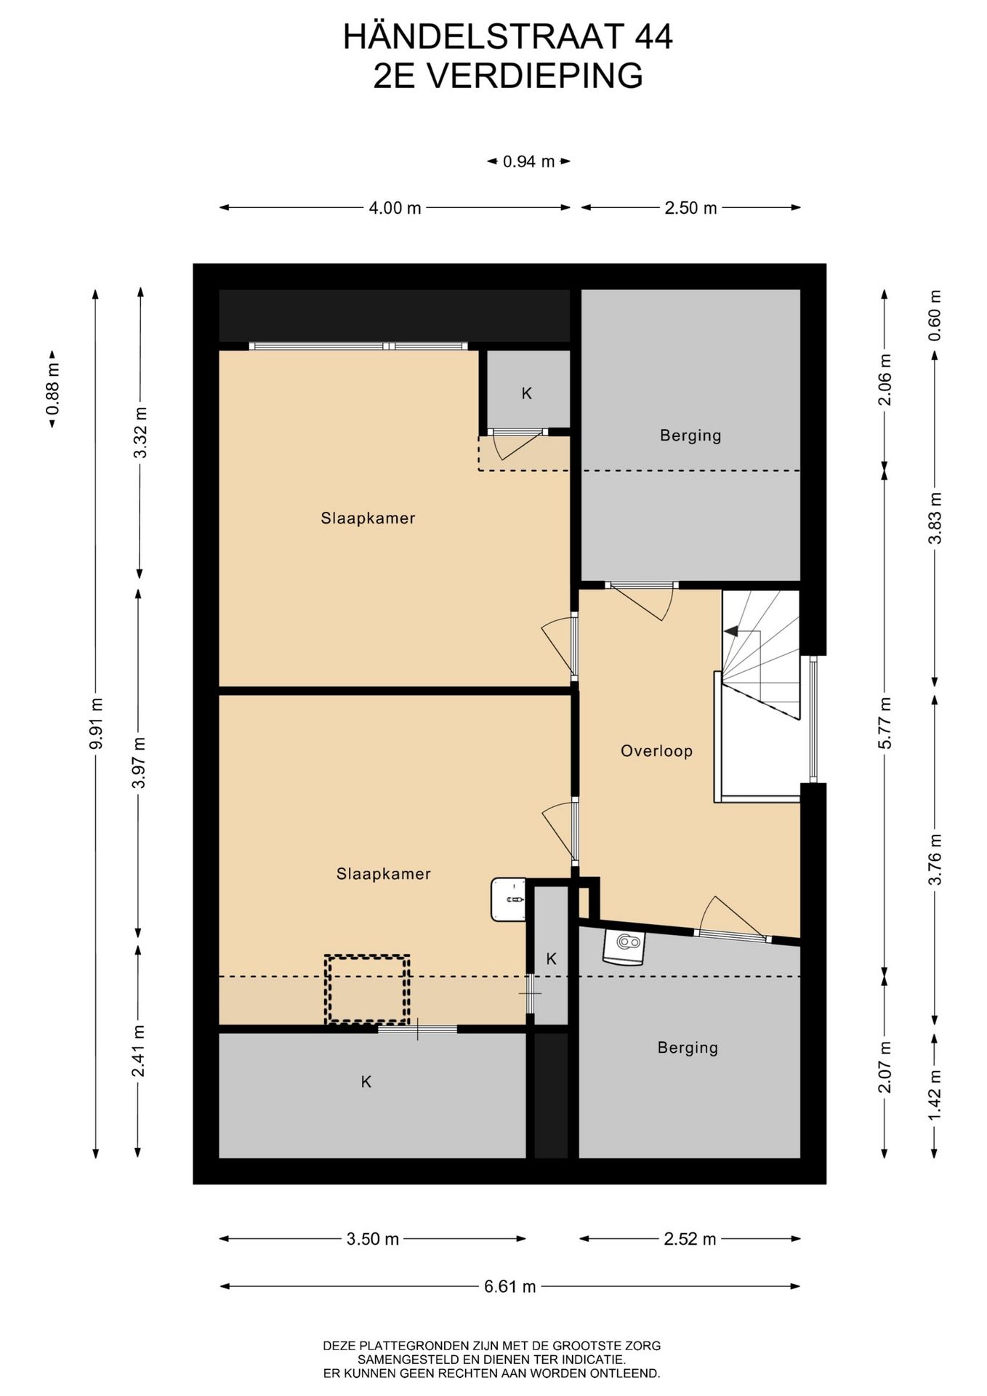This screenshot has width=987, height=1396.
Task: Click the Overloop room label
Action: (x=656, y=751)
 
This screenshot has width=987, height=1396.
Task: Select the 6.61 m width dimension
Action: (x=510, y=1286)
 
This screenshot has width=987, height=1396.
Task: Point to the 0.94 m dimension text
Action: (x=528, y=161)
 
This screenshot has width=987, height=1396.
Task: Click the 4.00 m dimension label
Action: (x=395, y=208)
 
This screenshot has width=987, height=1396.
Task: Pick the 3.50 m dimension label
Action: (x=373, y=1239)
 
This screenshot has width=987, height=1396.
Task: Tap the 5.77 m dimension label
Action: (x=885, y=723)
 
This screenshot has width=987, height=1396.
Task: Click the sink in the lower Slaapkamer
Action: (x=508, y=899)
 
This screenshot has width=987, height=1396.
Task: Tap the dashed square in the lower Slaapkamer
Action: (x=367, y=989)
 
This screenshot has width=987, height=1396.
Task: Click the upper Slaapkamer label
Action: (x=368, y=518)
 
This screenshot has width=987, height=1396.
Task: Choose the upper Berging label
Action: (x=690, y=436)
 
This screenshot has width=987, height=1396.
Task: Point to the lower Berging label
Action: (x=688, y=1048)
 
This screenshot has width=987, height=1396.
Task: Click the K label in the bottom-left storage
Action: (x=366, y=1082)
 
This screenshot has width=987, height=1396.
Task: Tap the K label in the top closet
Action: (x=527, y=393)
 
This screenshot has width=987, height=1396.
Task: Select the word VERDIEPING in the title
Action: (x=534, y=76)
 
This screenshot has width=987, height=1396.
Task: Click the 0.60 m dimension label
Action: (x=935, y=316)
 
